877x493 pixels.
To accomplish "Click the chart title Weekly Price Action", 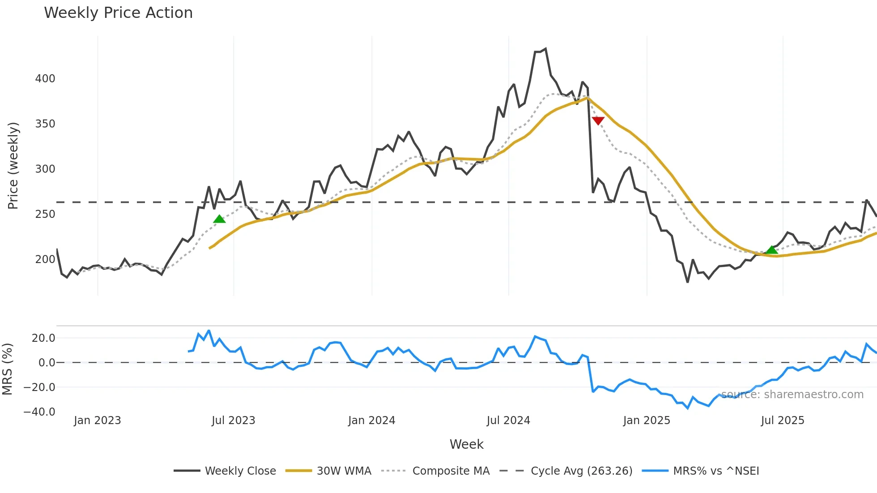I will coord(118,13).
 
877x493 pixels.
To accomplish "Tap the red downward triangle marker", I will coord(598,120).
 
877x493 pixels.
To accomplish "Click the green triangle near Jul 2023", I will coord(219,219).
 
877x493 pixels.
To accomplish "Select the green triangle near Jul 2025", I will coord(772,250).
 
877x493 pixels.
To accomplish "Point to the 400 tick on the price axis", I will coord(45,79).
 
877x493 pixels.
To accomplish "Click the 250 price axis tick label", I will coord(45,214).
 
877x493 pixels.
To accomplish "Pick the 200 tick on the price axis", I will coord(45,259).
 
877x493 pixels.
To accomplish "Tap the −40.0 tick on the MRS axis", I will coord(39,412).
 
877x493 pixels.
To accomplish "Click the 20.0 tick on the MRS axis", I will coord(43,338).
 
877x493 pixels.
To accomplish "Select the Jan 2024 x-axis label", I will coord(371,421).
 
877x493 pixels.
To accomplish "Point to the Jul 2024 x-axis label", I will coord(508,421).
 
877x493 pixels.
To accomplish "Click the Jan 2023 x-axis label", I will coord(97,421).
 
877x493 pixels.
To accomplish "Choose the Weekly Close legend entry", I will coord(240,471).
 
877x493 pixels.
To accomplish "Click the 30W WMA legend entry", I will coord(344,471).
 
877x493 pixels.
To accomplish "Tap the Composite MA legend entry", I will coord(451,471).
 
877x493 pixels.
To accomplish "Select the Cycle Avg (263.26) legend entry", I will coord(581,471).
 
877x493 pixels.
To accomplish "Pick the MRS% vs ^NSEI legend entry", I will coord(716,471).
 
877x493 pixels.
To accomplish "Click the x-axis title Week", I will coord(466,444).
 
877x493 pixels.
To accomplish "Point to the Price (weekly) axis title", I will coord(13,166).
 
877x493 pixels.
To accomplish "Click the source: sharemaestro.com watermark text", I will coord(792,395).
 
